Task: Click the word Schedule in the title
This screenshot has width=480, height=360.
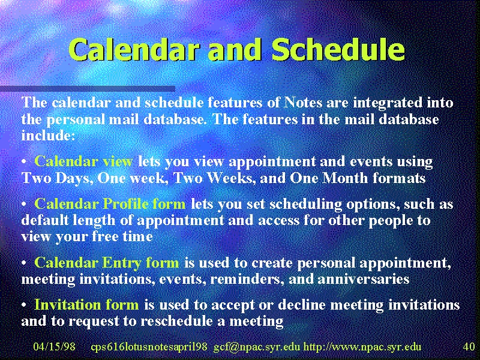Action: [x=338, y=50]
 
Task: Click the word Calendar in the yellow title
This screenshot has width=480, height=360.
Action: [x=134, y=50]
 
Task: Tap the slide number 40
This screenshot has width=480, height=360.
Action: [x=469, y=347]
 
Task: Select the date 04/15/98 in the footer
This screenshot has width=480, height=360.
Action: [x=54, y=347]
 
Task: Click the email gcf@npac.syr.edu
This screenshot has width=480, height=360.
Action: [x=257, y=347]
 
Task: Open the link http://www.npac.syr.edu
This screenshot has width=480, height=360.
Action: [x=362, y=347]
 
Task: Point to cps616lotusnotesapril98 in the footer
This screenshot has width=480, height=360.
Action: [x=149, y=347]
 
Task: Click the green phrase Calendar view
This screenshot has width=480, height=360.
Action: [x=83, y=161]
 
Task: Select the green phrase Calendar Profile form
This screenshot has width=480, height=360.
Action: [x=110, y=203]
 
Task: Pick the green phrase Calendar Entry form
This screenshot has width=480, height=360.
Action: [x=107, y=262]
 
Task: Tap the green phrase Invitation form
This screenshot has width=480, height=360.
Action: [x=86, y=304]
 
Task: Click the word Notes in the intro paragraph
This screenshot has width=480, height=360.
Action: [x=303, y=102]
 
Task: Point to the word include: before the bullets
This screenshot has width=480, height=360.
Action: [x=48, y=135]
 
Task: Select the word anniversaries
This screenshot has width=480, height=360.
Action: [x=364, y=279]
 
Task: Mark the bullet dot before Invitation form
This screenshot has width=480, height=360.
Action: [x=24, y=305]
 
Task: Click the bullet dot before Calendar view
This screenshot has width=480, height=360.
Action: [x=24, y=162]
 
